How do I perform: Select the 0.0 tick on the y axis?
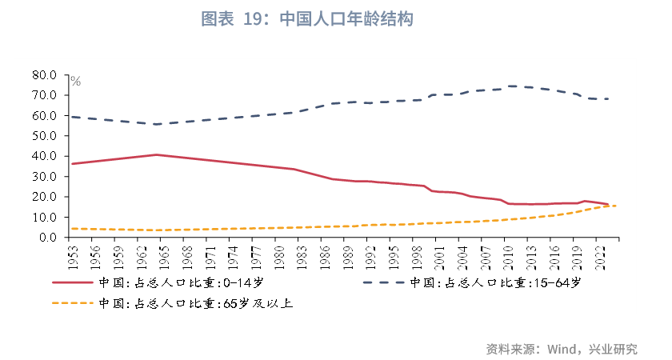[x=48, y=237]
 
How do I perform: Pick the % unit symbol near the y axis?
[x=75, y=81]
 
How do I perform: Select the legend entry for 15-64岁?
[x=496, y=283]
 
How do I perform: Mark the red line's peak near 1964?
[x=157, y=154]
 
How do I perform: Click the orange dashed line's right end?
[x=615, y=206]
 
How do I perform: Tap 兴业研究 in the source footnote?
[x=614, y=350]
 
